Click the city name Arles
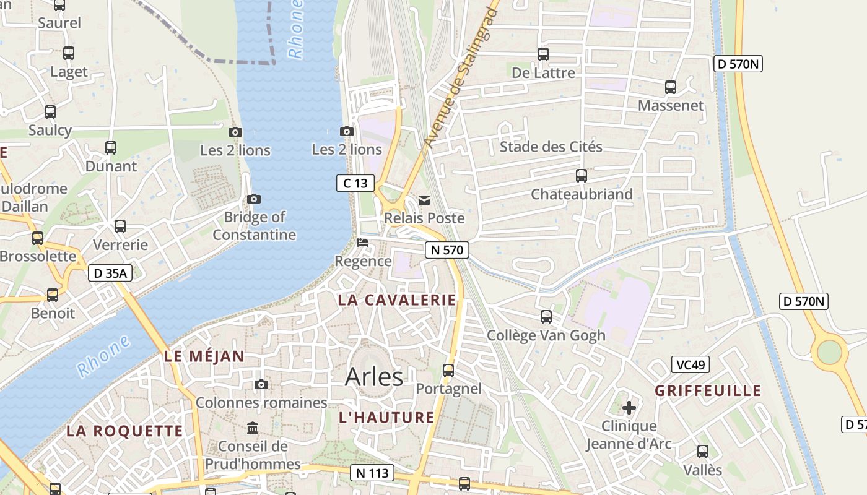point(374,376)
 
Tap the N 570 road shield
point(447,250)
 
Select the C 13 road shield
point(355,183)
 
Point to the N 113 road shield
point(372,473)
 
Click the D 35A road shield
point(110,273)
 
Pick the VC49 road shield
point(691,364)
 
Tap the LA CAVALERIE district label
point(397,301)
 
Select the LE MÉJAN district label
point(204,356)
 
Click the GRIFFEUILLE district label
point(708,391)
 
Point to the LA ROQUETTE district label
point(124,431)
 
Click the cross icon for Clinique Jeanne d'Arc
point(629,408)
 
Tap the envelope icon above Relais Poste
point(424,200)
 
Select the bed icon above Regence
point(363,243)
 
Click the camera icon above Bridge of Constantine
point(253,199)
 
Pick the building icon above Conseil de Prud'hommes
point(253,428)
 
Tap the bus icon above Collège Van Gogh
point(546,317)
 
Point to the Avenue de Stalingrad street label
point(461,78)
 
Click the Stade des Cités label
point(551,147)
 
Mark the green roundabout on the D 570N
point(829,352)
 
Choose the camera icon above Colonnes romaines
point(261,385)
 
